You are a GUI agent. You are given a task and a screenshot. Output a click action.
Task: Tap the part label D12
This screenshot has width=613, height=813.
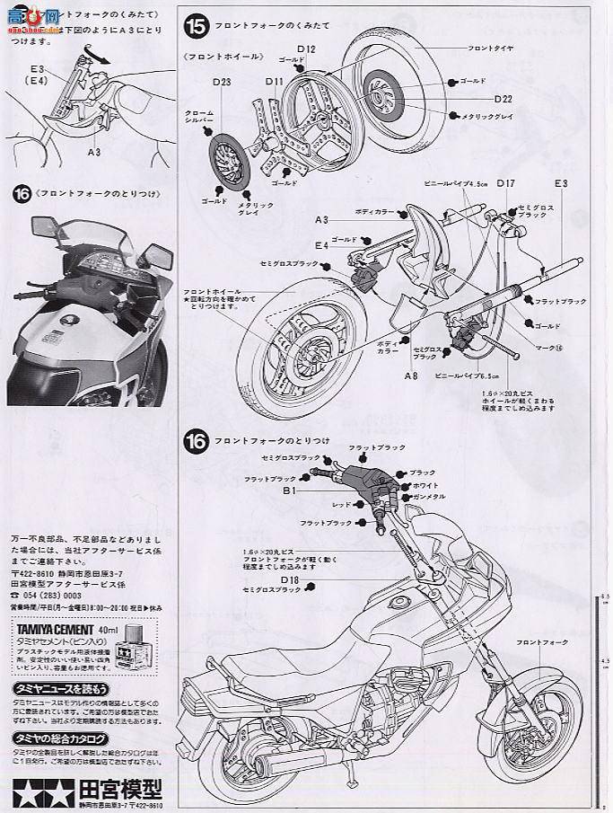click(304, 49)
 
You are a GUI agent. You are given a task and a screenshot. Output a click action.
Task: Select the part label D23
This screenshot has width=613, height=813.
click(223, 84)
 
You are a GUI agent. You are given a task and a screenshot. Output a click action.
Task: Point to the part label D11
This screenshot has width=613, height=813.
click(274, 82)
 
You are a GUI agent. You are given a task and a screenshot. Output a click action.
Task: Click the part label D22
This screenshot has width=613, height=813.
click(503, 98)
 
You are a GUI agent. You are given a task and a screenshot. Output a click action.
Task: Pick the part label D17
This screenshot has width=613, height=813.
click(505, 183)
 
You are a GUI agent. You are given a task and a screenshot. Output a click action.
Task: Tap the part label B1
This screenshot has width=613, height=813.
click(289, 491)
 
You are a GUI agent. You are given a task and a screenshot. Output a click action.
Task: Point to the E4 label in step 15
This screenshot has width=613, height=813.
click(320, 244)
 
